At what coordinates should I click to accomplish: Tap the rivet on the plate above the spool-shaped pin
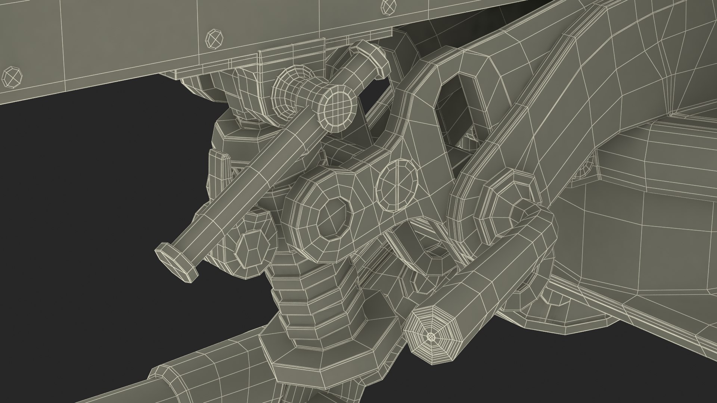pyautogui.click(x=215, y=38)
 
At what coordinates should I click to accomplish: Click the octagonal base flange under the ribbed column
pyautogui.click(x=310, y=358)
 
